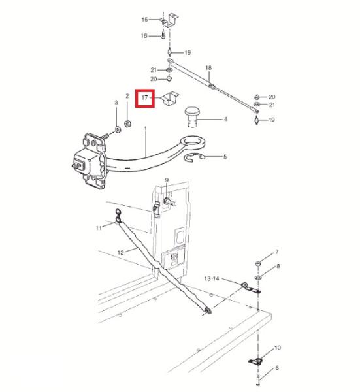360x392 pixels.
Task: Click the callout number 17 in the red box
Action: coord(145,97)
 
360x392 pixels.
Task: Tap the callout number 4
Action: coord(225,120)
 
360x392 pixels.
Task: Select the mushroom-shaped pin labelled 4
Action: coord(191,117)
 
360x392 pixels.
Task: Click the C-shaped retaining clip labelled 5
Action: coord(195,157)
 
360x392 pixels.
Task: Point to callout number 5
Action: coord(225,157)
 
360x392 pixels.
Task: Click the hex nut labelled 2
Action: coord(128,123)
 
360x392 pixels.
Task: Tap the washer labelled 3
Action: coord(118,130)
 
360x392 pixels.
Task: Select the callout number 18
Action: coord(208,67)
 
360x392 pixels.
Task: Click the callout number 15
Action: coord(145,20)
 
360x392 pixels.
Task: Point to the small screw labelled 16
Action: coord(163,37)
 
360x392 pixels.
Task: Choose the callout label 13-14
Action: coord(212,278)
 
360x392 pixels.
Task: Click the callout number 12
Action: coord(120,252)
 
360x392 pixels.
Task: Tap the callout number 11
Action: coord(99,228)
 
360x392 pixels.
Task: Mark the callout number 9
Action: coord(167,180)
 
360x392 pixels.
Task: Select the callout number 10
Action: coord(278,348)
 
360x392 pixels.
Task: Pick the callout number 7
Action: coord(277,252)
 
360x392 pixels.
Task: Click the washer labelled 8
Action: coord(258,277)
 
